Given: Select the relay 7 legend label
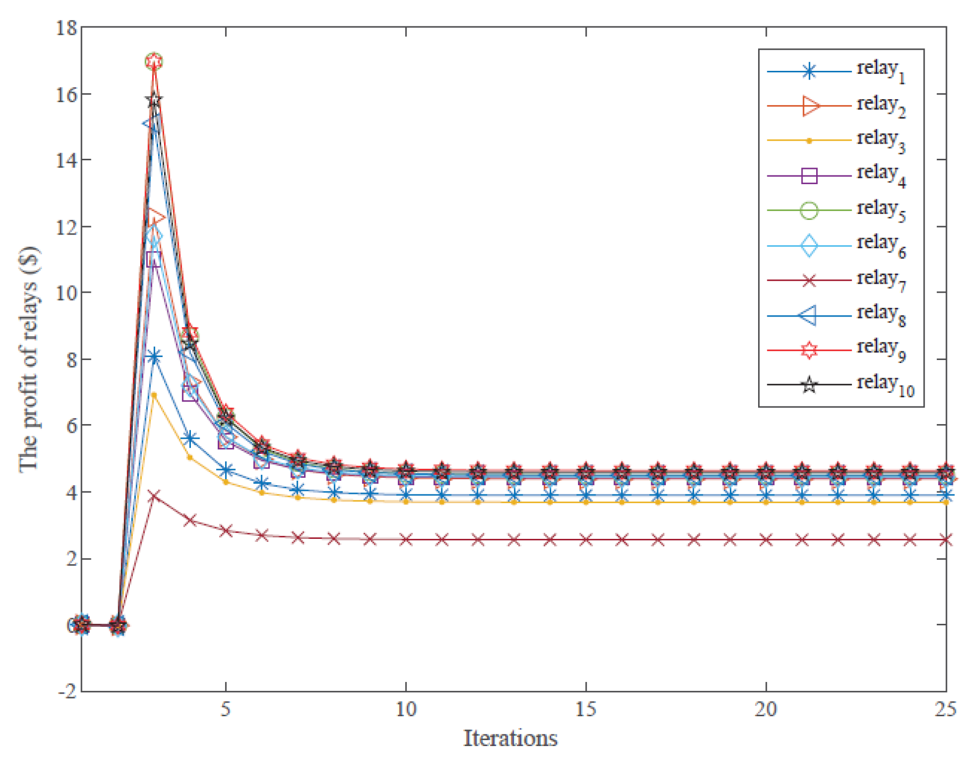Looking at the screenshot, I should tap(881, 280).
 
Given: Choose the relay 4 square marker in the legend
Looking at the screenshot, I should tap(809, 175).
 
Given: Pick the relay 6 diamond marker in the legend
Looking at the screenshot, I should tap(809, 245).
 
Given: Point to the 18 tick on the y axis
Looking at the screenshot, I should tap(66, 28).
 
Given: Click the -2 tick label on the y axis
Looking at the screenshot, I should tap(67, 691).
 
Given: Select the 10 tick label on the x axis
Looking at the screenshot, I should tap(406, 709).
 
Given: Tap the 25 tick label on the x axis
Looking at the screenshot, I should tap(945, 709).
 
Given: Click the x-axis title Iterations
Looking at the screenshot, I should tap(510, 738).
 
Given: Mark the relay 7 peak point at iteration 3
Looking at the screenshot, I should tap(154, 496).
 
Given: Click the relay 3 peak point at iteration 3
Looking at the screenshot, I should tap(154, 395).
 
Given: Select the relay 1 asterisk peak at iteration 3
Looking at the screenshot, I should tap(154, 357).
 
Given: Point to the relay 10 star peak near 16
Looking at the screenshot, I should tap(154, 100).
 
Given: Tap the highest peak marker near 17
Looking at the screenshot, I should tap(154, 61).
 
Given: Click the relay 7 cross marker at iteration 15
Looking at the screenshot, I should tap(586, 540).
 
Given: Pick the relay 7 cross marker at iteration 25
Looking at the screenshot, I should tap(946, 540).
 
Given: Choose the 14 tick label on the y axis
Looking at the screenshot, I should tap(66, 160).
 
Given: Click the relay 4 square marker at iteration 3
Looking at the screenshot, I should tap(154, 259).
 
